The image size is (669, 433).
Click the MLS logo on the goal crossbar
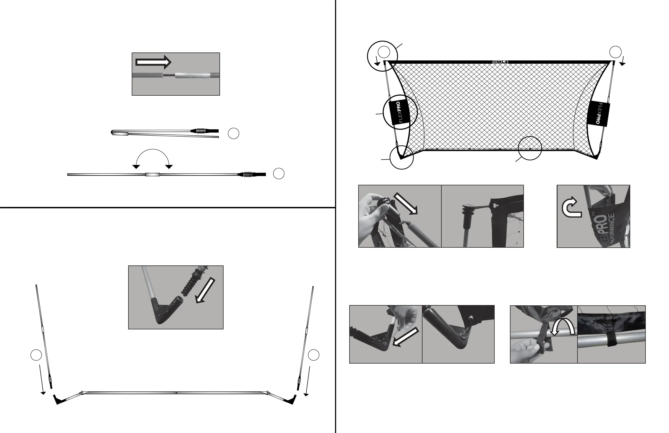500,62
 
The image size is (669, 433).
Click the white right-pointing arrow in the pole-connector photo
153,62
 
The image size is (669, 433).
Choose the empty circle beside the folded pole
233,134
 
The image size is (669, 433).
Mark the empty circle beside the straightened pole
278,174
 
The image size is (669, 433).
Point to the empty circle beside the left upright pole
36,355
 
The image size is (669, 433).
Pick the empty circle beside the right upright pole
313,355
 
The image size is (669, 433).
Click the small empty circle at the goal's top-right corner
615,52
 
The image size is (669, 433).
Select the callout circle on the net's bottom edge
530,148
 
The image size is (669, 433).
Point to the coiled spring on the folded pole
201,131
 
